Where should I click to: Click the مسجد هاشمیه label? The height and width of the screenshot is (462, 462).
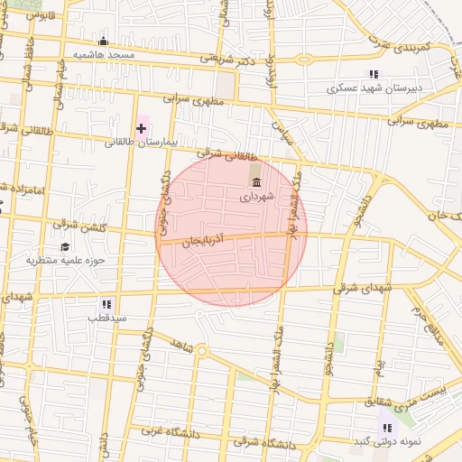[x=104, y=55]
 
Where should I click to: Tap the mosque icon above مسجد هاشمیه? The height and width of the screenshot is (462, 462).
[x=103, y=42]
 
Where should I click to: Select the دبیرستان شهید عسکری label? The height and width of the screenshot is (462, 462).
[x=373, y=88]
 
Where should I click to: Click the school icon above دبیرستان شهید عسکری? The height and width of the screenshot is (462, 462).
[x=373, y=75]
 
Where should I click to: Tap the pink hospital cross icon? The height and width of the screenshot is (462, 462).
[x=142, y=129]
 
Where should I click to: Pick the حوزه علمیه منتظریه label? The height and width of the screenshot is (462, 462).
[x=65, y=260]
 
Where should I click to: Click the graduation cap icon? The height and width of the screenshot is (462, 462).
[x=65, y=246]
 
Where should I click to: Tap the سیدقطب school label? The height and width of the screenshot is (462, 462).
[x=106, y=319]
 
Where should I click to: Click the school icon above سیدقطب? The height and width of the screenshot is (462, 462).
[x=106, y=305]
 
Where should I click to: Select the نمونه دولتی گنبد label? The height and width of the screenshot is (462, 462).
[x=387, y=441]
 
